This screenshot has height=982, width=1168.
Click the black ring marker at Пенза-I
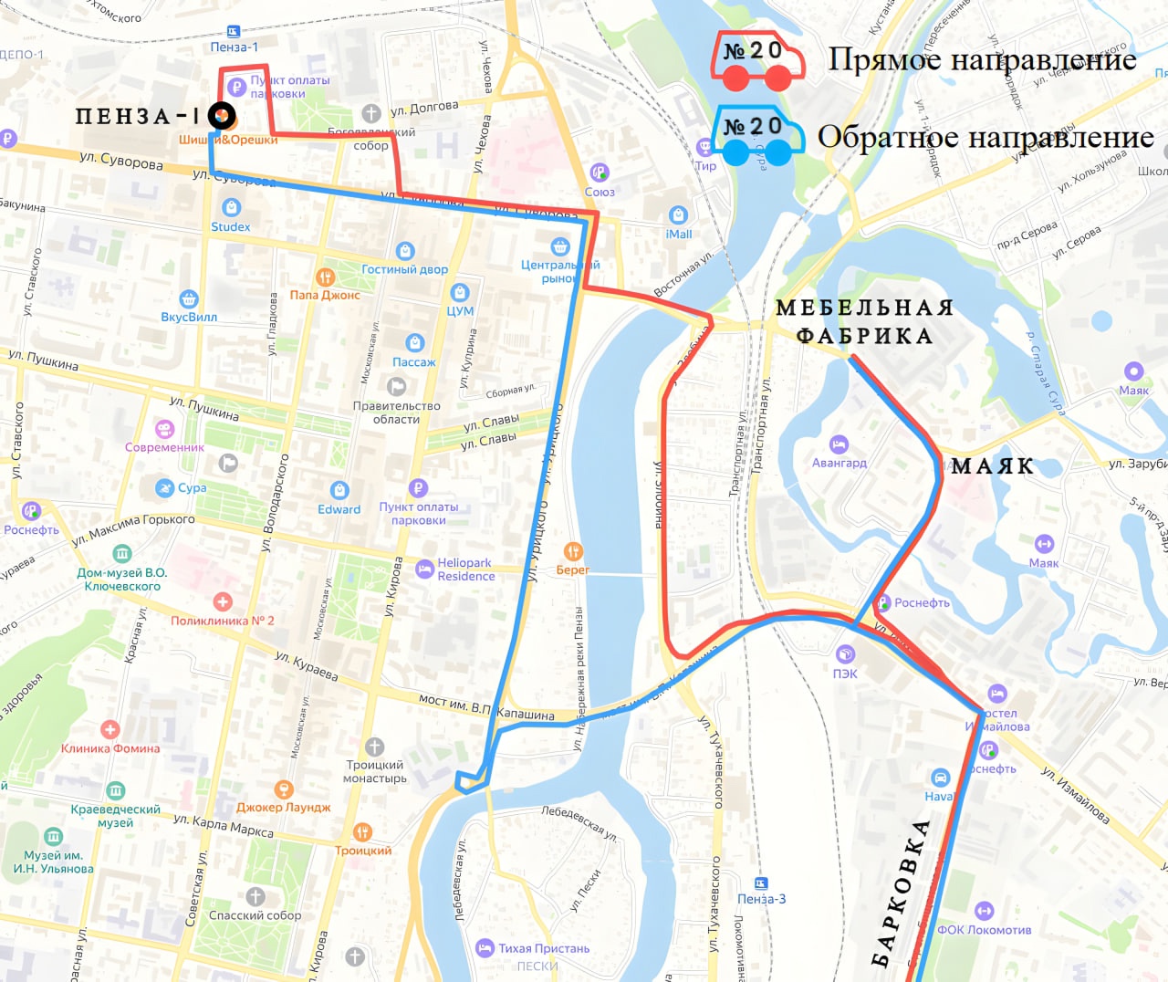(222, 116)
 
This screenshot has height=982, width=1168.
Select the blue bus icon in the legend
(757, 136)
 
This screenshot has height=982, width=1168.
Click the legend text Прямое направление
(982, 60)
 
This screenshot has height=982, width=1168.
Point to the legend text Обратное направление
(985, 137)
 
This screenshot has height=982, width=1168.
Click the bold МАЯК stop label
(992, 466)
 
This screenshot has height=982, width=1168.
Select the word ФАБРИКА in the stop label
(864, 336)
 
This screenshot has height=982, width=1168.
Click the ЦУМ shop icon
(460, 292)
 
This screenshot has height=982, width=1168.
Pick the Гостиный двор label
(404, 269)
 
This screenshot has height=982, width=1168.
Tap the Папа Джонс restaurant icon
(325, 277)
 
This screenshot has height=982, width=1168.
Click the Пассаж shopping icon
(415, 343)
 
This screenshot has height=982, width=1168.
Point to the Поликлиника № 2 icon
(223, 601)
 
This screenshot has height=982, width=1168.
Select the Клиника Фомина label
(110, 748)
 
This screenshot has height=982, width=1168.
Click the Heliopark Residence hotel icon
(424, 569)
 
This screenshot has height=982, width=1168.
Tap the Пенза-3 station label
(761, 899)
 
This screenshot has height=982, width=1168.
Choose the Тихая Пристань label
(544, 948)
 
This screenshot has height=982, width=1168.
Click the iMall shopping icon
(678, 215)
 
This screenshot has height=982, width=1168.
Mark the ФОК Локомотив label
(984, 930)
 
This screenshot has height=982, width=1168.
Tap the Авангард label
(839, 463)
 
